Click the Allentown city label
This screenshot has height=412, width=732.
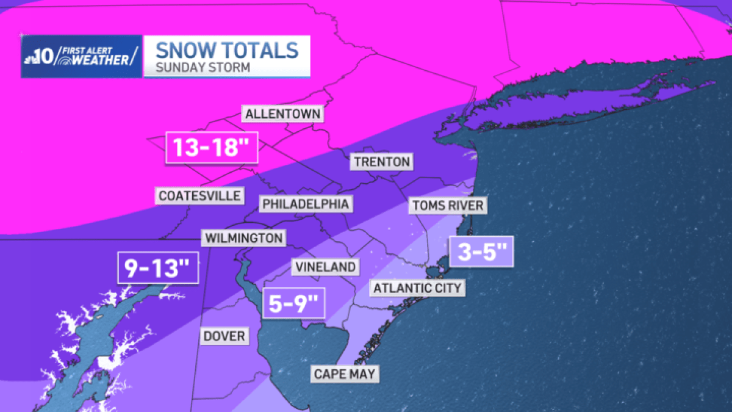pos(283,114)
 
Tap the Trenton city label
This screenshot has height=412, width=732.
pos(381,162)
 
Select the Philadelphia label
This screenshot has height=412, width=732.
pos(306,204)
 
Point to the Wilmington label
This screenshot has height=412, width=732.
pos(243,237)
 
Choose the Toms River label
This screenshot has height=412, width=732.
pos(448,205)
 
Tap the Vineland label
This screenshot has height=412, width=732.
pos(325,267)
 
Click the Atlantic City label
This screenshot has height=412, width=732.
pos(417,287)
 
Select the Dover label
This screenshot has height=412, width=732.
pos(224,336)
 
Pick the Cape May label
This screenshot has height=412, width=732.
pos(345,374)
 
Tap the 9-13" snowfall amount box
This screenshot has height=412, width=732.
pos(159,267)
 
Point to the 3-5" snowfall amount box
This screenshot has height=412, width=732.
pos(481,251)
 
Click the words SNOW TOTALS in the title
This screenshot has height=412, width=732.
pos(227,49)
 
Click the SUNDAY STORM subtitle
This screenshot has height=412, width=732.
pos(203,67)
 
